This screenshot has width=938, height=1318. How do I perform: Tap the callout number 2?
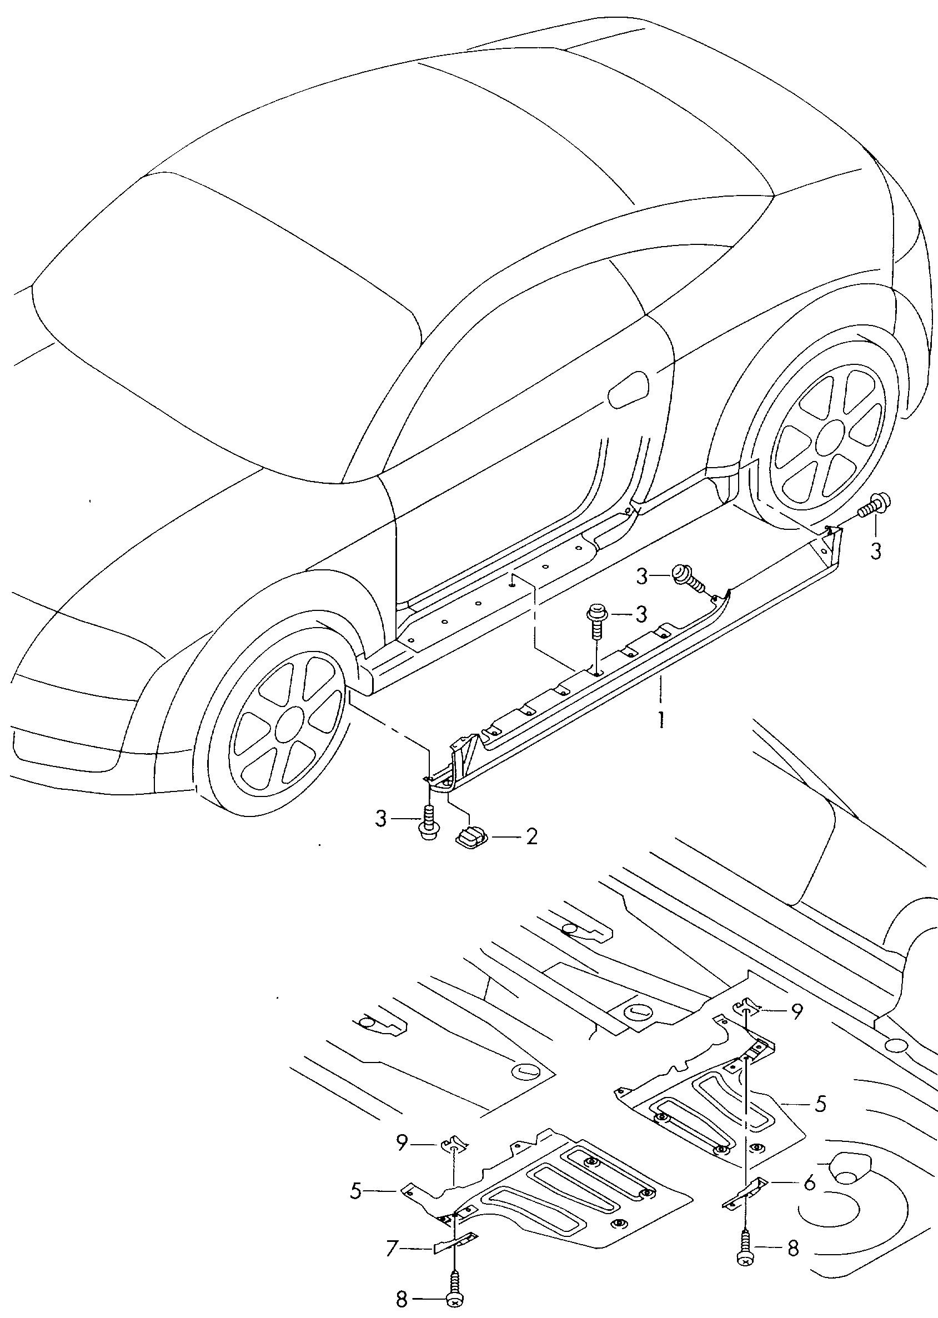click(x=531, y=836)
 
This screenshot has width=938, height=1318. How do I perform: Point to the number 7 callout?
click(x=392, y=1250)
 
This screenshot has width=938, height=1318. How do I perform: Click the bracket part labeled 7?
click(x=457, y=1243)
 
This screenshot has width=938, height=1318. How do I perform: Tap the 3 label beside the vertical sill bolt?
click(x=641, y=614)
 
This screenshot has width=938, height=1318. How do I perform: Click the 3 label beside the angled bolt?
click(x=643, y=576)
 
